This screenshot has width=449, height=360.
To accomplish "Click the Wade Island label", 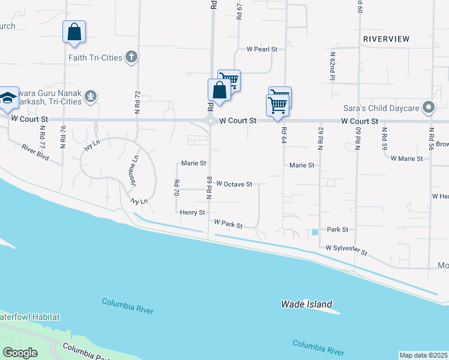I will click(x=306, y=304).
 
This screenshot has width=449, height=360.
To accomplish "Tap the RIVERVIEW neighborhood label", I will click(x=386, y=39).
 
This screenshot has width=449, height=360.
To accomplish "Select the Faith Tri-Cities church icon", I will click(x=131, y=58).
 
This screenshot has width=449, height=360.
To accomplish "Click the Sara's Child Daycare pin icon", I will click(x=428, y=108).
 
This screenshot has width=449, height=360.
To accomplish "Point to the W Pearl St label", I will click(x=262, y=49).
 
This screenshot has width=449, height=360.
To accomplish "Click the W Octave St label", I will click(x=234, y=184).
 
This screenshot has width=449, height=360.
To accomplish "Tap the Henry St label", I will click(x=192, y=212).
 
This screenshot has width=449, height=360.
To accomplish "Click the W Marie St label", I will click(x=406, y=158).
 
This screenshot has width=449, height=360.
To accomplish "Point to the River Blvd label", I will click(x=34, y=151).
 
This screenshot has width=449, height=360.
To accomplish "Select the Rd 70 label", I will click(x=176, y=188).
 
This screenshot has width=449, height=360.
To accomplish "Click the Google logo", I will click(x=20, y=353).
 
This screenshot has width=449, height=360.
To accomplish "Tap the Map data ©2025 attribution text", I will click(x=423, y=355).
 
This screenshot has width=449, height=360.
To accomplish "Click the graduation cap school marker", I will click(x=8, y=99).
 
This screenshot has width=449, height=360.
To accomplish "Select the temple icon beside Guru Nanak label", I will click(x=90, y=96).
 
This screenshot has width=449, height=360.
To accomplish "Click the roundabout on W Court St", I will click(x=210, y=121).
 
